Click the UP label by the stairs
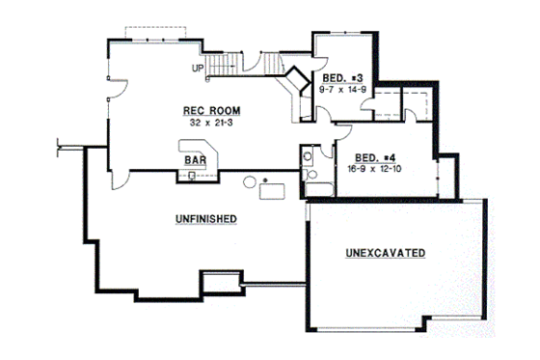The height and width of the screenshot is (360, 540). (197, 68)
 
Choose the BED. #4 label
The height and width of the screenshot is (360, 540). (376, 157)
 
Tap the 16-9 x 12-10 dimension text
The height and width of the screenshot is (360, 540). (376, 170)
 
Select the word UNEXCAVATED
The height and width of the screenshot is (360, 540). (386, 253)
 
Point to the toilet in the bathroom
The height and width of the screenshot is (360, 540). (307, 155)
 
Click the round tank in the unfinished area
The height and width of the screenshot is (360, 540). (250, 180)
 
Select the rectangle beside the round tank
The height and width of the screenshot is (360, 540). (273, 189)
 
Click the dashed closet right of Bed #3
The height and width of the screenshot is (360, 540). (388, 100)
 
